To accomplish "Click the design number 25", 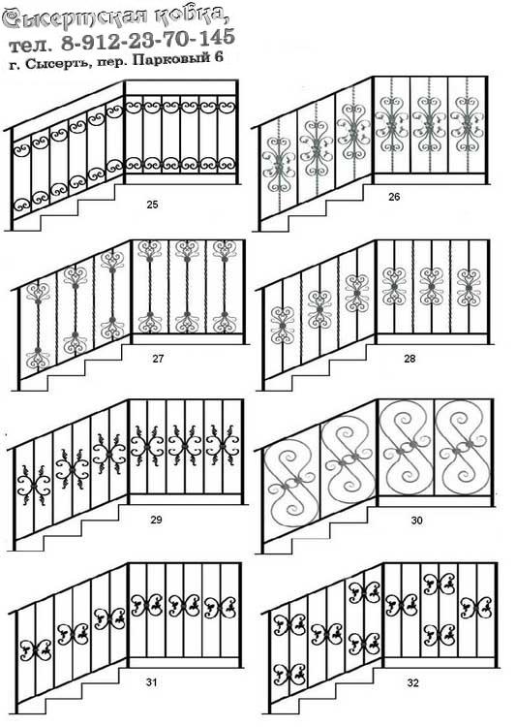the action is pos(152,204).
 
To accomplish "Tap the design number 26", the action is pos(394,197).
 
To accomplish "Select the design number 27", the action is pos(158,359).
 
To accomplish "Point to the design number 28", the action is pos(410,359).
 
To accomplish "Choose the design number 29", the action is pos(156,520).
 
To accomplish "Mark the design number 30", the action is pos(416,521).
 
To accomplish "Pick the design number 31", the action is pos(151,682).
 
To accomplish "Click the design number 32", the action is pos(412,683).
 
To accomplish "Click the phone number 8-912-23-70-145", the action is pos(148,40).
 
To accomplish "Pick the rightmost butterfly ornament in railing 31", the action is pos(220,607).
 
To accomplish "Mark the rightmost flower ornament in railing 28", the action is pos(469,288).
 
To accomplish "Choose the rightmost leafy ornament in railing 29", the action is pos(223,446).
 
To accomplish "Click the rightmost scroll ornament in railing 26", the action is pos(467,124).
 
